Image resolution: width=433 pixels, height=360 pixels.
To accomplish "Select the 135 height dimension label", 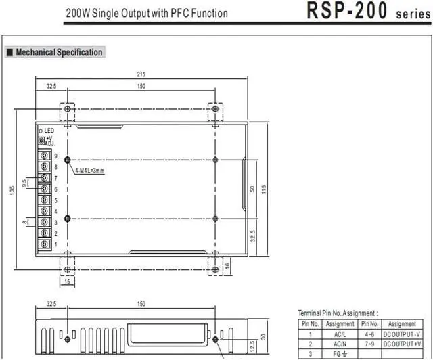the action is tap(12, 191).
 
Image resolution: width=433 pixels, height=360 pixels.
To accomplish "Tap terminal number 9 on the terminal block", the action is tap(55, 156).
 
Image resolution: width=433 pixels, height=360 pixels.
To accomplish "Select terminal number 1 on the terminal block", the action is tap(55, 244).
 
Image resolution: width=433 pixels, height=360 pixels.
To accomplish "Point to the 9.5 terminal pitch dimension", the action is tap(24, 183).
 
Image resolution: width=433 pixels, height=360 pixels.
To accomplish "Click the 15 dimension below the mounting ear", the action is tap(67, 282).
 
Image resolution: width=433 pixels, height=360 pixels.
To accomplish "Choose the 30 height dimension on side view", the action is tap(263, 337).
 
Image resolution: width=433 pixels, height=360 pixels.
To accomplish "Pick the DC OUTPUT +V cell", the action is tap(403, 344).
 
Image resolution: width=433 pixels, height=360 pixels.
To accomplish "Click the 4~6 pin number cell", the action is tap(369, 334).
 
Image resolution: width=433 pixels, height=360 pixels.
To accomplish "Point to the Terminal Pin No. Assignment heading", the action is tap(338, 313).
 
